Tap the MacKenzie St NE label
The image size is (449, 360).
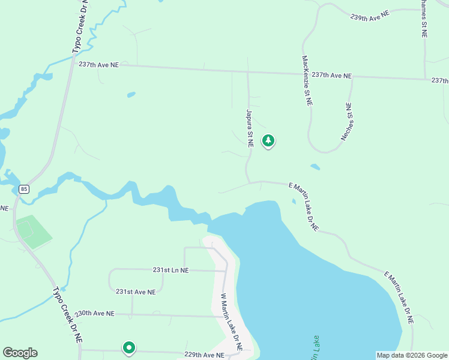pos(307,81)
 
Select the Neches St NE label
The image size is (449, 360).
pos(348,122)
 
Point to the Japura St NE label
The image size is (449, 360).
pos(249,128)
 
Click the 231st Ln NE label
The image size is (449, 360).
pos(170,271)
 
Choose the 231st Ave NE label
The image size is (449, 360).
pos(136,292)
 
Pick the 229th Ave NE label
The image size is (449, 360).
pos(204,355)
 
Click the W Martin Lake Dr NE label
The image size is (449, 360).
pos(231,322)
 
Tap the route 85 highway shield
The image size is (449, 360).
pos(23,190)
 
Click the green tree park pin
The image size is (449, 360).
pos(268,141)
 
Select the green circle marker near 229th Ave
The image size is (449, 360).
pos(128,347)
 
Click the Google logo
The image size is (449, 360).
pos(20,353)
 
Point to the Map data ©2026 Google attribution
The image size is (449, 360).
pos(411,355)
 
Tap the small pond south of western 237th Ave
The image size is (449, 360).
pos(131,94)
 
